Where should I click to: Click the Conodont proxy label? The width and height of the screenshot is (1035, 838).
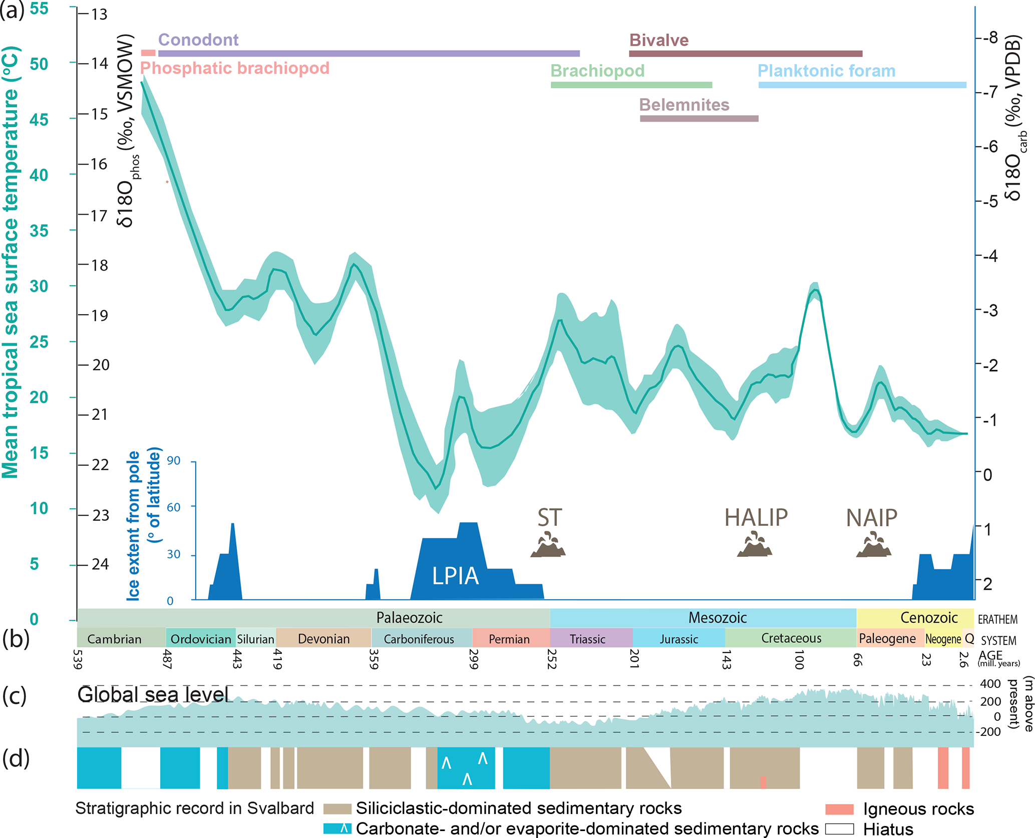point(198,40)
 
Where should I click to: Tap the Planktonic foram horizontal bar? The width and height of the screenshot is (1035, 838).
point(862,85)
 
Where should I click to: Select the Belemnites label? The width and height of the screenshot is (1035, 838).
point(684,105)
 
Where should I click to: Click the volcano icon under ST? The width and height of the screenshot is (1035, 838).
point(548,546)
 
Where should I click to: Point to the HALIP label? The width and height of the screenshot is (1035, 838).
point(756,518)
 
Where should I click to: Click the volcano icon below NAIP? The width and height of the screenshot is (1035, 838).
point(873,546)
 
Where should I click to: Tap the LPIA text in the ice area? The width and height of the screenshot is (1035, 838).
point(455,576)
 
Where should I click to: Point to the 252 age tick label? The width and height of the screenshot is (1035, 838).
point(552,658)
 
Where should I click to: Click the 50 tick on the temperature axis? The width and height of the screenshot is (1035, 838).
point(39,64)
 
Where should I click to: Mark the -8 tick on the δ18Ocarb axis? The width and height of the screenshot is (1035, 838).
point(988,38)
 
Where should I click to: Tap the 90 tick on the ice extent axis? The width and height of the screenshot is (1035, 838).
point(174,461)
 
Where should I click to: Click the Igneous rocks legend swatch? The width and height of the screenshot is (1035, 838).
point(839,809)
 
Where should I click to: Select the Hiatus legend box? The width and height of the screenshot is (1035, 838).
point(839,828)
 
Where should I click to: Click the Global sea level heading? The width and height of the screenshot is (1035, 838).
point(153,695)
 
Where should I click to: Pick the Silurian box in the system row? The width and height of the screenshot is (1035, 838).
point(255,639)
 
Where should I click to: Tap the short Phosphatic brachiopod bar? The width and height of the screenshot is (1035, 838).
point(148,53)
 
